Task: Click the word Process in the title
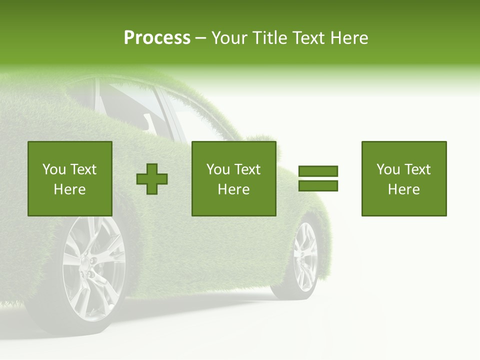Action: (157, 38)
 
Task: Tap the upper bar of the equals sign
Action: (318, 171)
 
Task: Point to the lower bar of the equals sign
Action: (318, 186)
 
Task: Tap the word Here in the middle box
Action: (234, 189)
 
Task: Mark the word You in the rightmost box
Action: (388, 169)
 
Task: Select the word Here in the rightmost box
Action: (404, 189)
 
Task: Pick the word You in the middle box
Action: (218, 169)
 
